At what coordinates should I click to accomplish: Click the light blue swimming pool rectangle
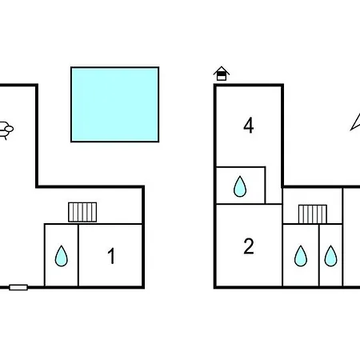(x=115, y=105)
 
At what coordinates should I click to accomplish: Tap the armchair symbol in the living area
(x=6, y=130)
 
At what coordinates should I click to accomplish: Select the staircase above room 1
(x=82, y=212)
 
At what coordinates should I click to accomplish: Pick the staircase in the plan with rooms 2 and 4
(x=313, y=214)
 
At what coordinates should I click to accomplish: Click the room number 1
(x=111, y=256)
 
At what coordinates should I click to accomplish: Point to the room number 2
(x=249, y=246)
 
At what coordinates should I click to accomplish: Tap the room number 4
(x=249, y=126)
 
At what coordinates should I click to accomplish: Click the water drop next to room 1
(x=62, y=256)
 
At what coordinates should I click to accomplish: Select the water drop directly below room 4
(x=240, y=186)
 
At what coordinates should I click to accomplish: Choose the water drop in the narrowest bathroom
(x=330, y=256)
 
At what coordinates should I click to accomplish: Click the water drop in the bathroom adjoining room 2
(x=301, y=256)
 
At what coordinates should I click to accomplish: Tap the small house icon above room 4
(x=222, y=74)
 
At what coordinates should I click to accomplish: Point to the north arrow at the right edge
(x=356, y=122)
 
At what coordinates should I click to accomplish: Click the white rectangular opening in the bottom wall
(x=18, y=287)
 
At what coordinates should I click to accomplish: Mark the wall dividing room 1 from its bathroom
(x=78, y=255)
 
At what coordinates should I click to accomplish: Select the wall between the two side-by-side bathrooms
(x=319, y=255)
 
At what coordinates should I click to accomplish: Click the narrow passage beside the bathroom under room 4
(x=274, y=185)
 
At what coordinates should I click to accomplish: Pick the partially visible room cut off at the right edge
(x=352, y=237)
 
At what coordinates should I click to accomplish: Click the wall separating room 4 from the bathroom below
(x=241, y=167)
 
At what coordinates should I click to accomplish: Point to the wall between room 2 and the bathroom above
(x=249, y=204)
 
